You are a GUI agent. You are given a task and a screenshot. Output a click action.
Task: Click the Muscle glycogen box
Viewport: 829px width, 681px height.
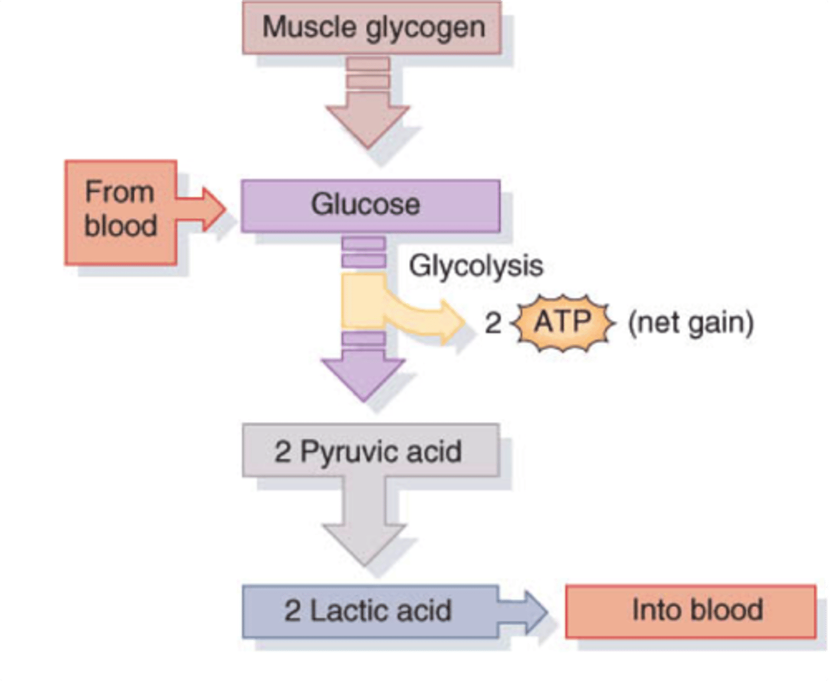pyautogui.click(x=371, y=28)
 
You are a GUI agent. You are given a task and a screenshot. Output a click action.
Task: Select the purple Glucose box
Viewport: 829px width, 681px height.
pyautogui.click(x=370, y=206)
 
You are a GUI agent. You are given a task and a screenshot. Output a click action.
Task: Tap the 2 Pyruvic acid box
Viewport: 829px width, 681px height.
pyautogui.click(x=370, y=451)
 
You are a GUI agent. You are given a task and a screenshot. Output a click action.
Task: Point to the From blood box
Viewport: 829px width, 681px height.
pyautogui.click(x=120, y=212)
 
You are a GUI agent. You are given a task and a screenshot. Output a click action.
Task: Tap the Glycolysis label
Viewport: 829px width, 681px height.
pyautogui.click(x=476, y=266)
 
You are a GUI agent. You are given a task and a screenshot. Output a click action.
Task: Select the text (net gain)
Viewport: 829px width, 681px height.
pyautogui.click(x=690, y=323)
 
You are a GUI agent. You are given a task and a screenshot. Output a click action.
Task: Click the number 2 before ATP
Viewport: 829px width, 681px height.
pyautogui.click(x=493, y=323)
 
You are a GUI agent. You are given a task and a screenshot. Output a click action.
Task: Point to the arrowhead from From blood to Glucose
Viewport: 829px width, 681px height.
pyautogui.click(x=213, y=209)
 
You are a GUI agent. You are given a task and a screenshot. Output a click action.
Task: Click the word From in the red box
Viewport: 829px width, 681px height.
pyautogui.click(x=120, y=192)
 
